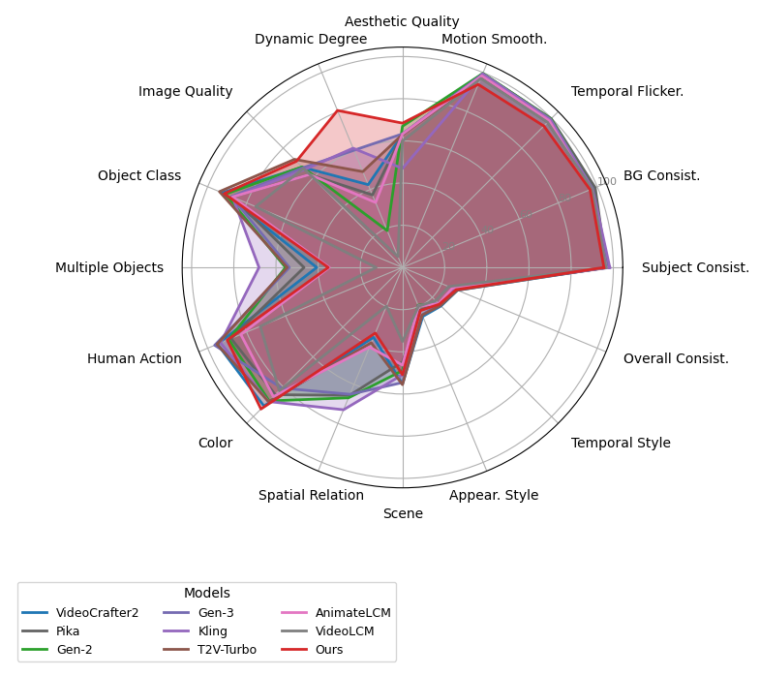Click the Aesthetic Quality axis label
click(402, 21)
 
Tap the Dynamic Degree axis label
click(311, 39)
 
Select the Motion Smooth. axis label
click(494, 39)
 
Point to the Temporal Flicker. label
click(627, 91)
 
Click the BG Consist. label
click(661, 175)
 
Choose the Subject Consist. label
click(695, 267)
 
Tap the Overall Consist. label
click(676, 358)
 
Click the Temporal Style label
click(621, 443)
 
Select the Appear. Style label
click(494, 495)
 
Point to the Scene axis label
click(403, 513)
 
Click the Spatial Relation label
click(311, 495)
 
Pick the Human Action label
click(135, 358)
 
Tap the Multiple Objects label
click(109, 267)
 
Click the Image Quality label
click(185, 91)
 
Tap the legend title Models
click(206, 593)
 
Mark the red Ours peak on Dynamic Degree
click(336, 111)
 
